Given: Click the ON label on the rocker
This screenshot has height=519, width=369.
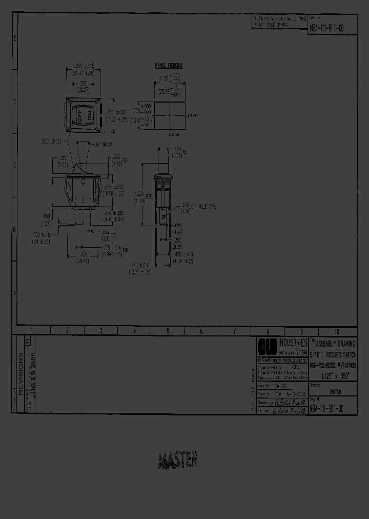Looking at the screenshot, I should pyautogui.click(x=89, y=114).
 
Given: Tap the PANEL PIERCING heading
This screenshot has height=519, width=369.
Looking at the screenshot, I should pyautogui.click(x=169, y=66).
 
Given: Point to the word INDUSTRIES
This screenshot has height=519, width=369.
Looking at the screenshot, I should pyautogui.click(x=293, y=342).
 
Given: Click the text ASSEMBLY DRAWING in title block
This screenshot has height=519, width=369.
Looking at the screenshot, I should pyautogui.click(x=336, y=343).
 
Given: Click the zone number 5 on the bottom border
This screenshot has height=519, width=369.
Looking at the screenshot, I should pyautogui.click(x=168, y=331).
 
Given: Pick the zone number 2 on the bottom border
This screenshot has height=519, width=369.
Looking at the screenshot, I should pyautogui.click(x=67, y=331).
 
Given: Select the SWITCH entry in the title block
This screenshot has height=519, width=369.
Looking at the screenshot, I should pyautogui.click(x=336, y=391).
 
